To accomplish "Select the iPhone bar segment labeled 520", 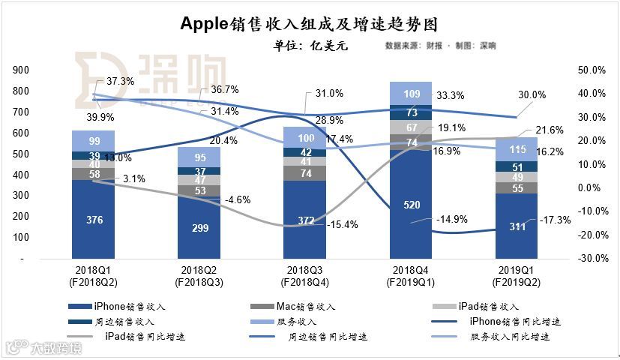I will (x=410, y=204).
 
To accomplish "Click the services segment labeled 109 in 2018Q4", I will (x=410, y=93).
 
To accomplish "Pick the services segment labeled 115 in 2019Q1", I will (x=517, y=149).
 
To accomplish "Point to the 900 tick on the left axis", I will (x=22, y=70).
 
